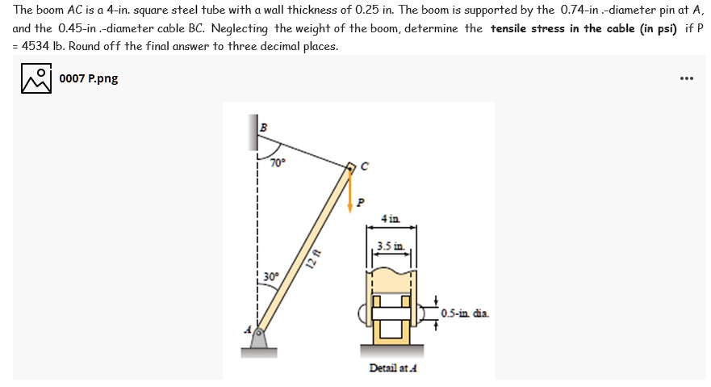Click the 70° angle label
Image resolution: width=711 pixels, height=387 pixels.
tap(278, 162)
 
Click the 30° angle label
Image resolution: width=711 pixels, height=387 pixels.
tap(270, 276)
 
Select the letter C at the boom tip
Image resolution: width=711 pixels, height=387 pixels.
tap(365, 167)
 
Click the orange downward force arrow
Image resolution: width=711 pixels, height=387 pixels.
tap(350, 194)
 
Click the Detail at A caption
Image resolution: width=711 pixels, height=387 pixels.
tap(392, 368)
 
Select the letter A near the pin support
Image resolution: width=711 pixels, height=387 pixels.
tap(249, 329)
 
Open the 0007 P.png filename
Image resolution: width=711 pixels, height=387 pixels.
tap(88, 79)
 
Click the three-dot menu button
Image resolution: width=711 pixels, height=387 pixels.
tap(687, 79)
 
